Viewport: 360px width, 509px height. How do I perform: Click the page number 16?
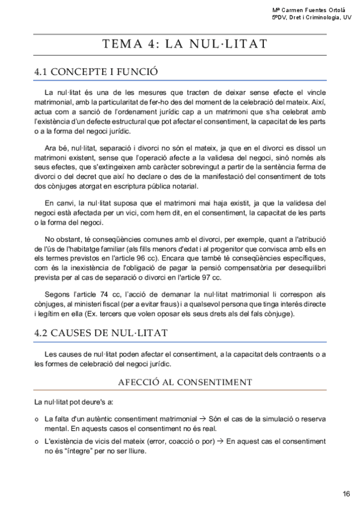(346, 494)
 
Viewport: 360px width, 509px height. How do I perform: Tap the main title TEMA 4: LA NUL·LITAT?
(185, 44)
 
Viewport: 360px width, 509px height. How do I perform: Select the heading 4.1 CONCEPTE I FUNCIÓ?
(96, 72)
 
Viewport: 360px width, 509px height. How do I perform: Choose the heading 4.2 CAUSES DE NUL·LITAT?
(101, 332)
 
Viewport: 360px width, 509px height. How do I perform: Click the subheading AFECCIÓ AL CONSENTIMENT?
(185, 382)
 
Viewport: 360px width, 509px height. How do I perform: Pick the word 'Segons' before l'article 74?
(58, 294)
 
